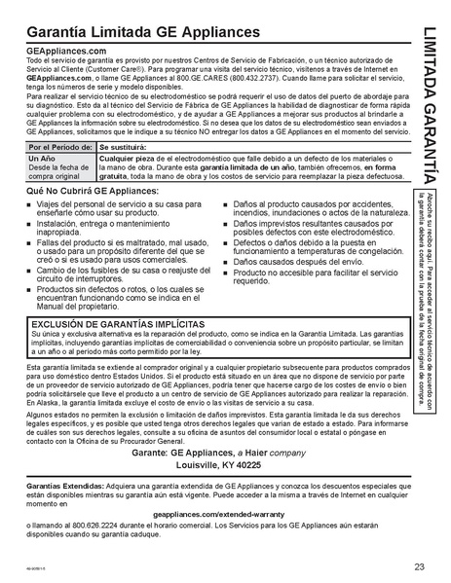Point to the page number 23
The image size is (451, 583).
[418, 567]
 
